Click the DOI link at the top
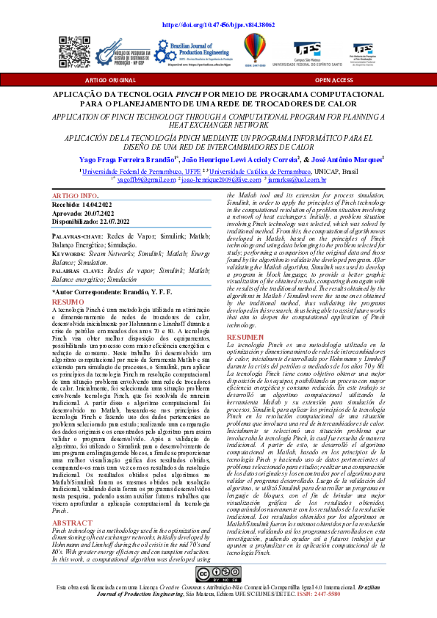tap(217, 24)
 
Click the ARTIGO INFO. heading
tap(75, 197)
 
